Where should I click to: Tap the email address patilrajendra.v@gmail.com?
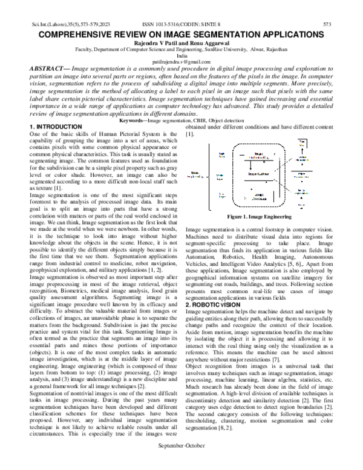pos(181,62)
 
